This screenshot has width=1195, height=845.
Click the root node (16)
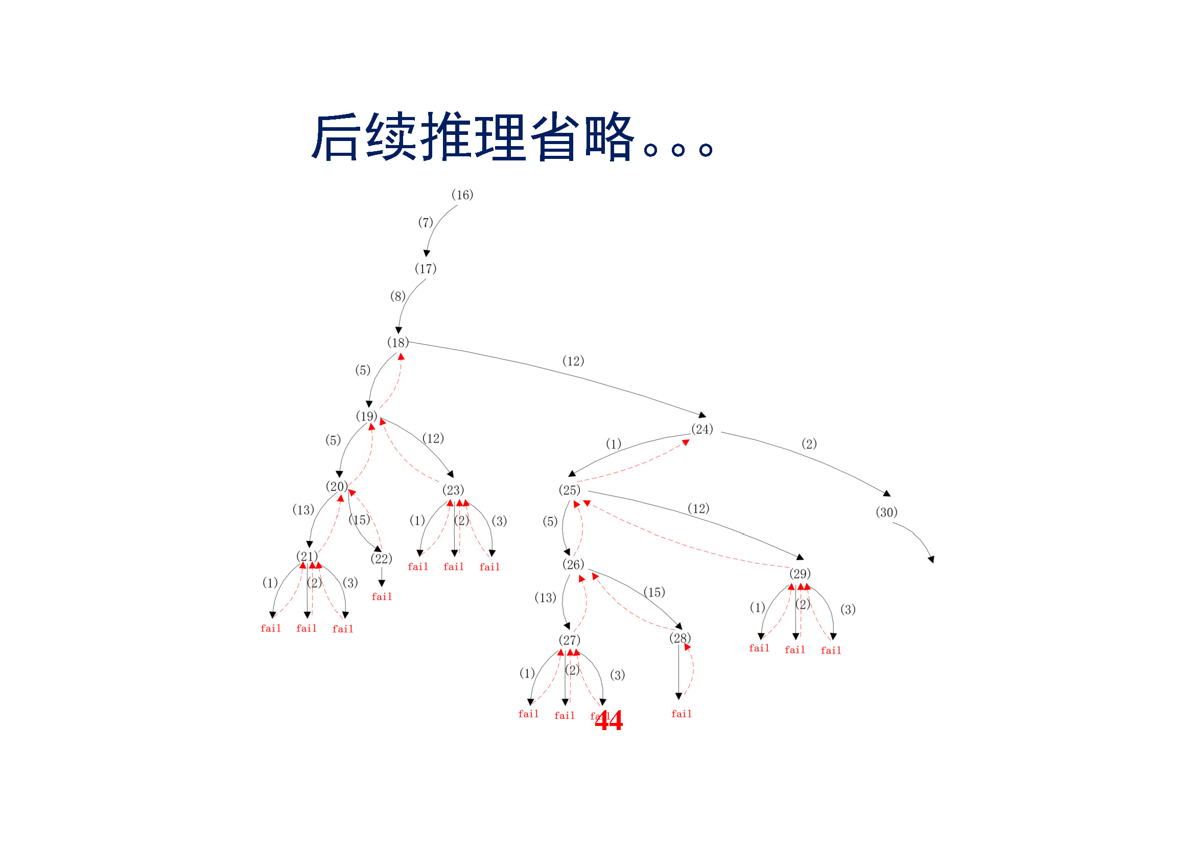click(x=462, y=195)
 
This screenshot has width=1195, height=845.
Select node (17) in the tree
click(x=425, y=269)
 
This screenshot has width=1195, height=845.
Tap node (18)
click(x=397, y=342)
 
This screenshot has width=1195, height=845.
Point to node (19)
click(x=366, y=416)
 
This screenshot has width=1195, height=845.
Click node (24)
click(x=701, y=429)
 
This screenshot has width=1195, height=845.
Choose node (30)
click(x=886, y=512)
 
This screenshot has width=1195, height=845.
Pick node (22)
click(x=381, y=559)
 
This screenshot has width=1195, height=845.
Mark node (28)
click(x=679, y=638)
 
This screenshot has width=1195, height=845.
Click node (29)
click(x=800, y=573)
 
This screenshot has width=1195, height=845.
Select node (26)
click(x=573, y=565)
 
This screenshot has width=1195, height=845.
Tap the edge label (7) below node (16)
click(x=425, y=223)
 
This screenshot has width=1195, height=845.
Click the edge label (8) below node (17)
click(x=397, y=297)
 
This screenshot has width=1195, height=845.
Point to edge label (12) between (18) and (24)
click(x=573, y=361)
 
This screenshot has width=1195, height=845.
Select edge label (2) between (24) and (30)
click(x=808, y=444)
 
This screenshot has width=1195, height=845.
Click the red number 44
click(x=608, y=721)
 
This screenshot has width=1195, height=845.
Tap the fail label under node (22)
click(x=382, y=597)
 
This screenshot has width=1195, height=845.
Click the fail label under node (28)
click(x=682, y=714)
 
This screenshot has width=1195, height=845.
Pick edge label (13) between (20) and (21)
click(x=303, y=510)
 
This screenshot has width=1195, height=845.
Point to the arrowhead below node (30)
click(x=931, y=559)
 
